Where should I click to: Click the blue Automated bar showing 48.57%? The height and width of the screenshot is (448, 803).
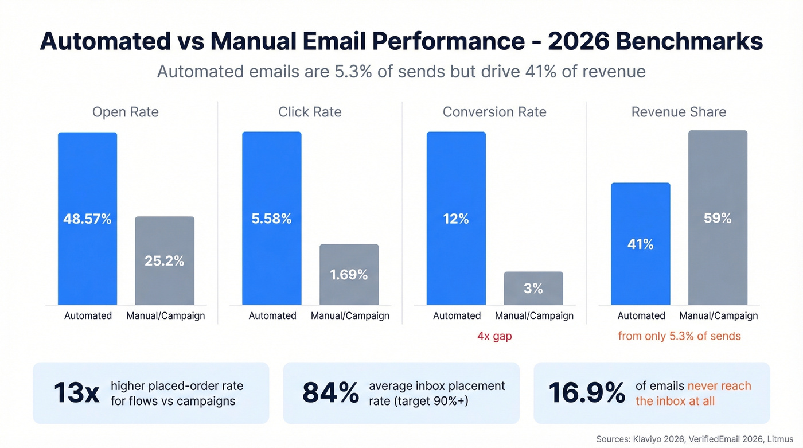coord(87,219)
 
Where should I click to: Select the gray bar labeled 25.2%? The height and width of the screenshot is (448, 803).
coord(165,260)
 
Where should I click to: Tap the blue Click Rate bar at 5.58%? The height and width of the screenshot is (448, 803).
coord(271,218)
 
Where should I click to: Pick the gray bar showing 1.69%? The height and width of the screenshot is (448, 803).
coord(349,274)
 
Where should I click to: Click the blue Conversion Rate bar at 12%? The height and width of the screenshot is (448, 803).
coord(456,218)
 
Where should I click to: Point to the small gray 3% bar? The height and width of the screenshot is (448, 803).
coord(533,288)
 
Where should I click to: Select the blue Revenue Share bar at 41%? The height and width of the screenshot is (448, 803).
coord(640,244)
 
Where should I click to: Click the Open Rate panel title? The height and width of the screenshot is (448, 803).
coord(126,112)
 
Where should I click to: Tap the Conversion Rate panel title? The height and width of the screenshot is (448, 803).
coord(494,112)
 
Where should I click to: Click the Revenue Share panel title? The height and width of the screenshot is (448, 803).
coord(679,112)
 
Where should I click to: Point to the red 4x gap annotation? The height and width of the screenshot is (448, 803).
coord(494,336)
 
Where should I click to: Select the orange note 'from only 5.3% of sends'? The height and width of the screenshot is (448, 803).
coord(679,336)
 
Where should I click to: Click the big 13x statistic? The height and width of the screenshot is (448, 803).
coord(76,393)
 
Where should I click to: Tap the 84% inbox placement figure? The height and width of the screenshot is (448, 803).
coord(330,393)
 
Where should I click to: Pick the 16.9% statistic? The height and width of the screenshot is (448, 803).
coord(586,393)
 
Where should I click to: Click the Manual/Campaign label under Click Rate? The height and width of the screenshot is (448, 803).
coord(350,315)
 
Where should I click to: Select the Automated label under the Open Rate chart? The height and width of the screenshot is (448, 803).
coord(88,315)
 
